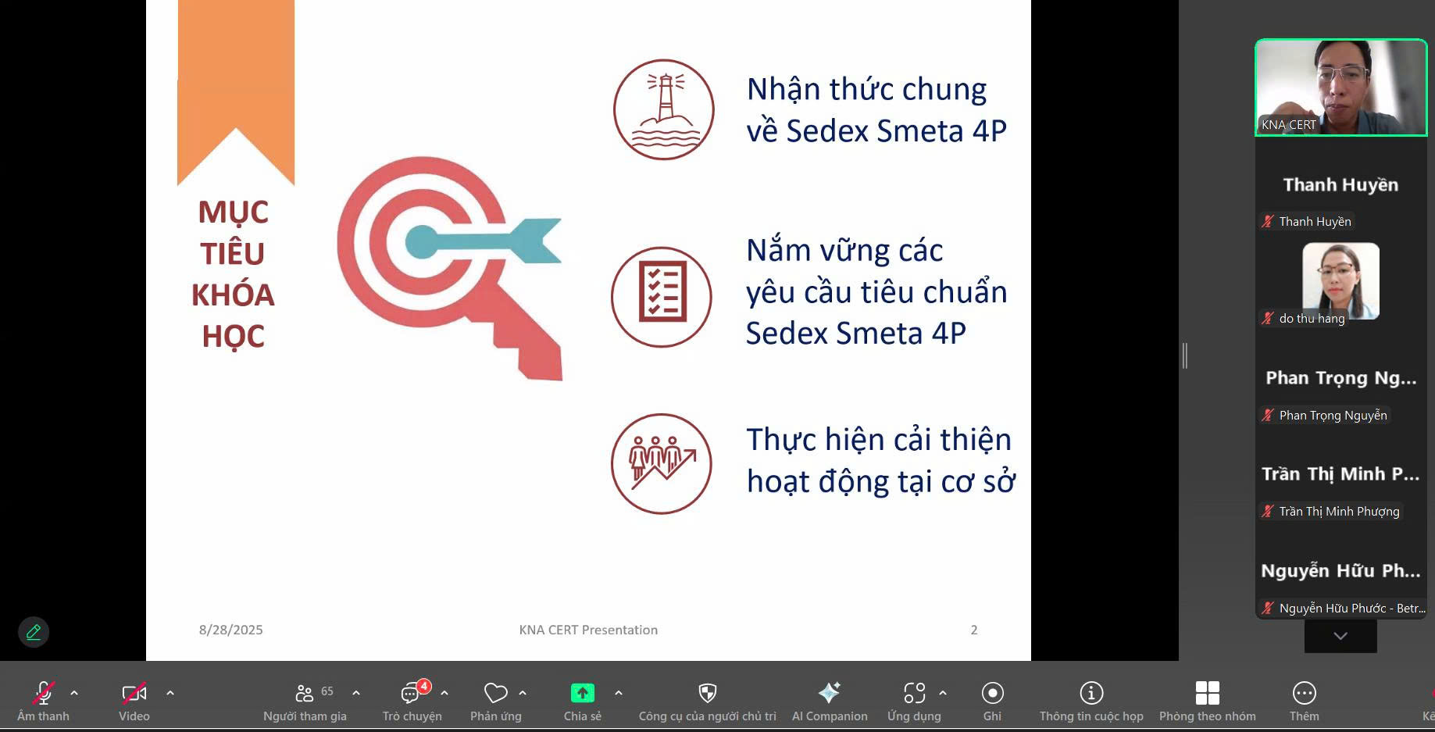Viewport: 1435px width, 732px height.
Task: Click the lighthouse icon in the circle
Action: tap(663, 109)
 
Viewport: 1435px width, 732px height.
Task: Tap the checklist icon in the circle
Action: tap(662, 297)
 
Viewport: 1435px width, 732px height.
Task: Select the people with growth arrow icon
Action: tap(662, 464)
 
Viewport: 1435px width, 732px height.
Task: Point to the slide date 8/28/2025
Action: tap(230, 630)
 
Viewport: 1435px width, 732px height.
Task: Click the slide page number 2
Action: tap(974, 630)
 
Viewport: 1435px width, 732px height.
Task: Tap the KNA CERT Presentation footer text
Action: tap(588, 630)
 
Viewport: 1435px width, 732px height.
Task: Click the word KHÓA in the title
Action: tap(233, 295)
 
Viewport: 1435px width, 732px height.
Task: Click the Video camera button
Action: tap(134, 693)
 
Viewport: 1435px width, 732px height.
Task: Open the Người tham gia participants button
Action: tap(305, 693)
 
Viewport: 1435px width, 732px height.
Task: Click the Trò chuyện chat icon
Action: tap(412, 693)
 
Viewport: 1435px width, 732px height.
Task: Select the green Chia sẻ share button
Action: tap(583, 693)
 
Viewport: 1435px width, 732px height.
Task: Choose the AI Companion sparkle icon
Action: tap(829, 692)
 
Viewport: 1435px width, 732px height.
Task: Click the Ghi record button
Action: tap(992, 693)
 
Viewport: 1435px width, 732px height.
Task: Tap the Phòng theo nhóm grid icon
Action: tap(1207, 693)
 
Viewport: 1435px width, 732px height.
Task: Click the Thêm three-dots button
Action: tap(1304, 693)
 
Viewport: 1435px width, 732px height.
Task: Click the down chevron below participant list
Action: tap(1340, 636)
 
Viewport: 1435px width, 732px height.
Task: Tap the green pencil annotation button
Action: tap(34, 632)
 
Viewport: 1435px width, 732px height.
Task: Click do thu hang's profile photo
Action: tap(1340, 281)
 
